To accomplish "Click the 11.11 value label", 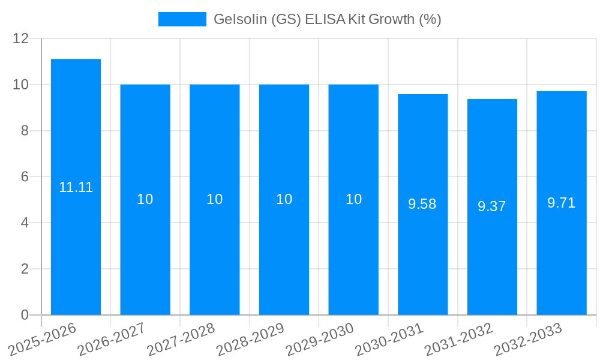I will tap(76, 187).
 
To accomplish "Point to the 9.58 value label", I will tap(422, 204).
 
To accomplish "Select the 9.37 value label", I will tap(492, 206).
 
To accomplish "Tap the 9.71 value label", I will tap(561, 203).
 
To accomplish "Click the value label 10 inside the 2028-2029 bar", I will tap(284, 199).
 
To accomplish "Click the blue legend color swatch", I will tap(182, 19).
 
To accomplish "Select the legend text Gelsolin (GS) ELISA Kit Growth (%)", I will tap(327, 19).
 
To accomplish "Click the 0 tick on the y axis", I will tap(25, 315).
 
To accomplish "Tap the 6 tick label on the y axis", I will tap(25, 177).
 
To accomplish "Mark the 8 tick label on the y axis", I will tap(25, 131).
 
